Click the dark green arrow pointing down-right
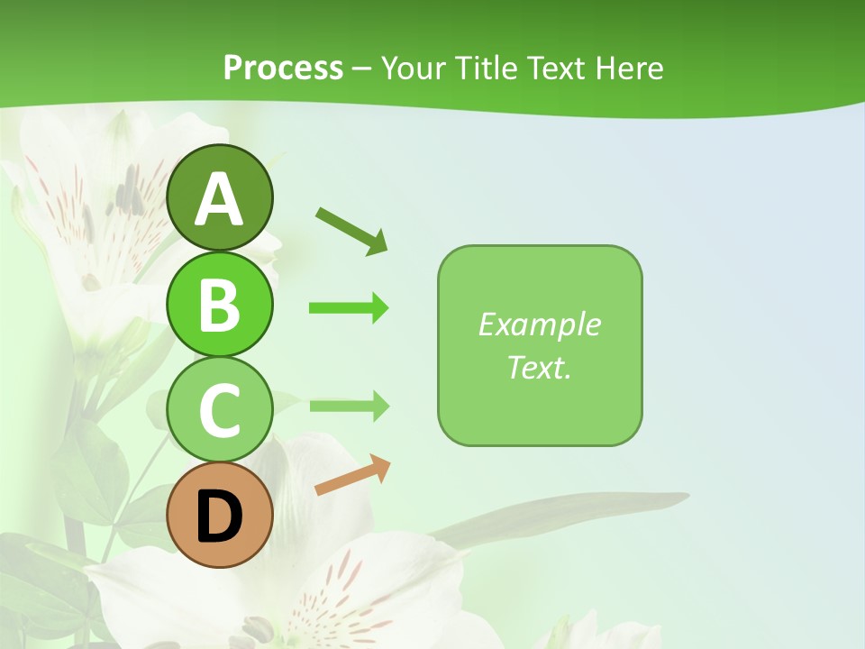pyautogui.click(x=352, y=230)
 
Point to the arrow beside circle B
pyautogui.click(x=349, y=308)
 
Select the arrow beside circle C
pyautogui.click(x=349, y=406)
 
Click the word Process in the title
pyautogui.click(x=283, y=69)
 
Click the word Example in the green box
pyautogui.click(x=539, y=324)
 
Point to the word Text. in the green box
pyautogui.click(x=539, y=367)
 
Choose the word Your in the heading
pyautogui.click(x=413, y=69)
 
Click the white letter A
pyautogui.click(x=219, y=200)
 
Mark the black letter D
pyautogui.click(x=219, y=518)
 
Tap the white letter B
pyautogui.click(x=219, y=305)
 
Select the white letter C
pyautogui.click(x=219, y=410)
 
